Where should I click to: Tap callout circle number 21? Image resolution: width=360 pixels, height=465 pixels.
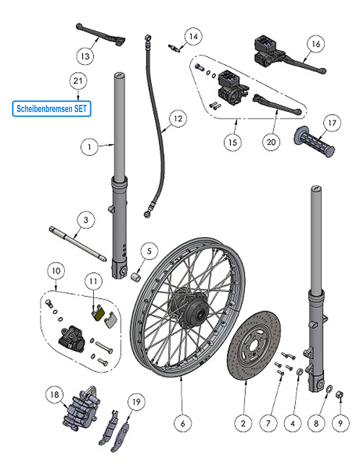pyautogui.click(x=79, y=82)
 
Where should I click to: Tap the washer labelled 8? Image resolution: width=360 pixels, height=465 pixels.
pyautogui.click(x=327, y=391)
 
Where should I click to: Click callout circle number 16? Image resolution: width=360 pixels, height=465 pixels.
pyautogui.click(x=315, y=44)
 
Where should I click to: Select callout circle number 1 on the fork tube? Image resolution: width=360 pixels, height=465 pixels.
pyautogui.click(x=90, y=147)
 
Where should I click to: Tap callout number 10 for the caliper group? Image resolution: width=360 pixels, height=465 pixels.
pyautogui.click(x=56, y=269)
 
